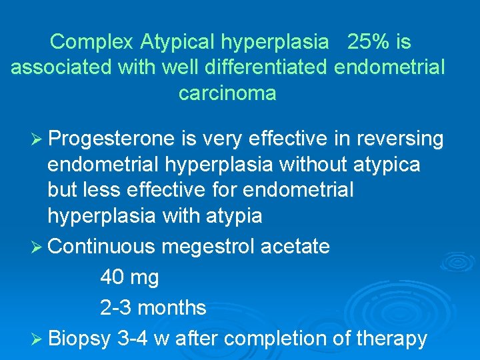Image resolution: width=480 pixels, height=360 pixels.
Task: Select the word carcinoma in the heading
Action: (227, 93)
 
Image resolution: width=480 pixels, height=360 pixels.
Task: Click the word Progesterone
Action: (113, 139)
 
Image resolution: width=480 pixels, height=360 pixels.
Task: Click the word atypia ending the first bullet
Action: (230, 215)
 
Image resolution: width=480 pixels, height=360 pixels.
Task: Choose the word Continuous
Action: (102, 247)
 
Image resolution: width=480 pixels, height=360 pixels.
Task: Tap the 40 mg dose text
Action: (129, 277)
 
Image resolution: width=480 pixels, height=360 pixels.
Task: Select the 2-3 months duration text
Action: (153, 307)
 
